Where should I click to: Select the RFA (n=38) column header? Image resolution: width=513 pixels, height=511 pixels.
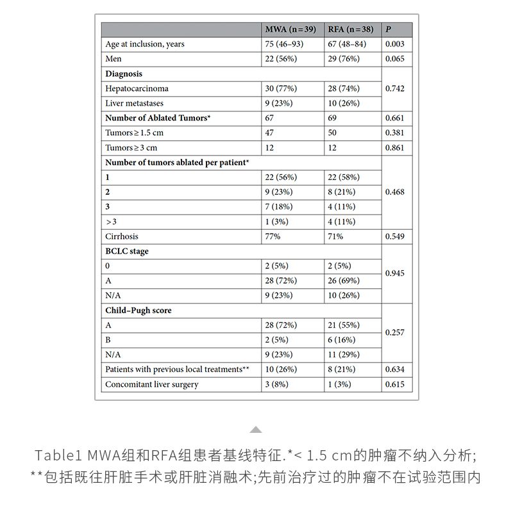tap(350, 29)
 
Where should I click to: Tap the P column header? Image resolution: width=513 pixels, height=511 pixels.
tap(388, 29)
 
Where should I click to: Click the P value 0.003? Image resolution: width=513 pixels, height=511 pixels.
tap(394, 44)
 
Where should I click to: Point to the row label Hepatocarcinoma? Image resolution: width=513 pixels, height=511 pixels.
tap(137, 88)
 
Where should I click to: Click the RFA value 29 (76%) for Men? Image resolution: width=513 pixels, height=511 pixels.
tap(344, 59)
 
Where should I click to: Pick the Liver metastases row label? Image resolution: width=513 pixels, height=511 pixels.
tap(134, 103)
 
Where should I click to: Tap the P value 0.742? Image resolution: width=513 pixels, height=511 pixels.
tap(394, 88)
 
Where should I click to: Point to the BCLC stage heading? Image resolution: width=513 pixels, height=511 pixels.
tap(127, 251)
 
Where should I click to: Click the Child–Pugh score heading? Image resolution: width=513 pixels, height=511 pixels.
tap(138, 311)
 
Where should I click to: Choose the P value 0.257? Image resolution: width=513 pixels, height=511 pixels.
tap(394, 333)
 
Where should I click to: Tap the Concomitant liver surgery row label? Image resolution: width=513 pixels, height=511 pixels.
tap(151, 384)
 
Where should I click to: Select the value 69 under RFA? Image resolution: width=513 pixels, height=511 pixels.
tap(333, 118)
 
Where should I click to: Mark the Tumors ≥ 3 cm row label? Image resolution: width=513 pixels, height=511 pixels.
tap(131, 148)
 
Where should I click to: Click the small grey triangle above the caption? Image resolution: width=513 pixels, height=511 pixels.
tap(256, 430)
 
